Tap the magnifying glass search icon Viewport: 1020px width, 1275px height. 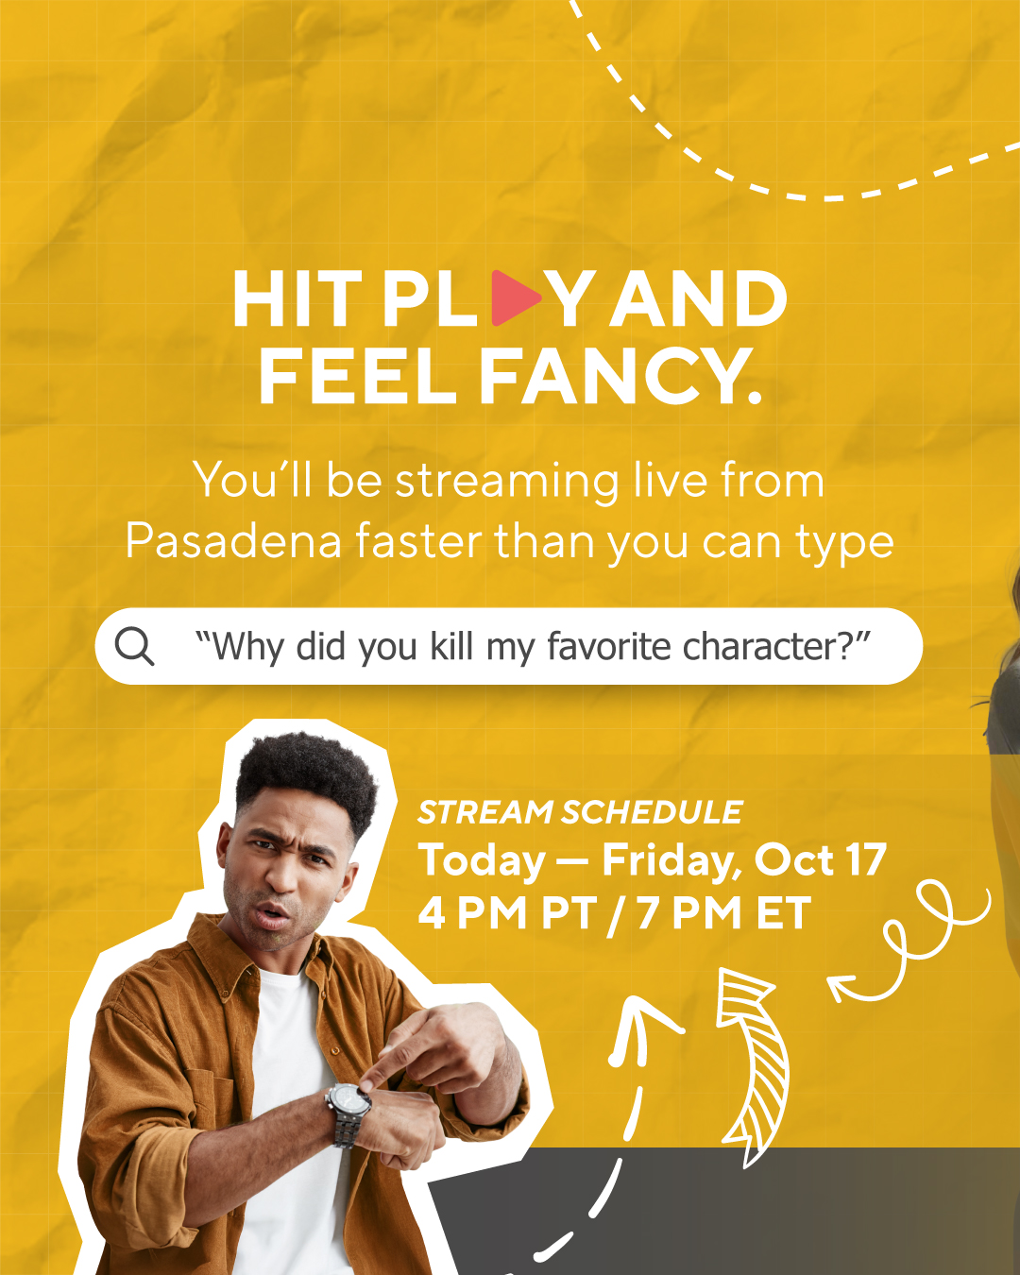pyautogui.click(x=134, y=646)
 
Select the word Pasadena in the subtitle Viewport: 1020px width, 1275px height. pyautogui.click(x=233, y=541)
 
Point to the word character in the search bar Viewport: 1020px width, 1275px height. pyautogui.click(x=766, y=646)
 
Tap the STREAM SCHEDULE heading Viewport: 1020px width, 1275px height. pyautogui.click(x=580, y=812)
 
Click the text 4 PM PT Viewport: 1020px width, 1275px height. pyautogui.click(x=507, y=913)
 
